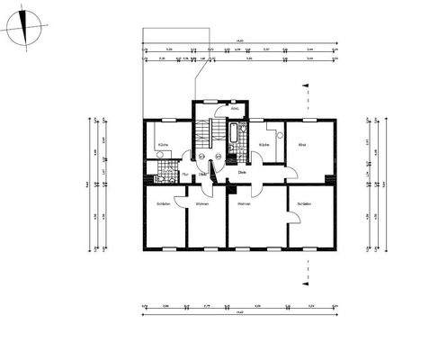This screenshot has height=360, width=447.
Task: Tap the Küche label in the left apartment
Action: [x=163, y=144]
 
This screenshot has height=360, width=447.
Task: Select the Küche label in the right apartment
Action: [x=264, y=144]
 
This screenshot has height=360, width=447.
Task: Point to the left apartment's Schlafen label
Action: [x=163, y=204]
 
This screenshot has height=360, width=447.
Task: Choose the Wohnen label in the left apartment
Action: [x=201, y=204]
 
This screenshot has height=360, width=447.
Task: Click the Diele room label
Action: [x=242, y=172]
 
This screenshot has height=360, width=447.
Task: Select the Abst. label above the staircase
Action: [x=235, y=109]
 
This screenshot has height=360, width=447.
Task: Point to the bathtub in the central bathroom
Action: [x=236, y=140]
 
